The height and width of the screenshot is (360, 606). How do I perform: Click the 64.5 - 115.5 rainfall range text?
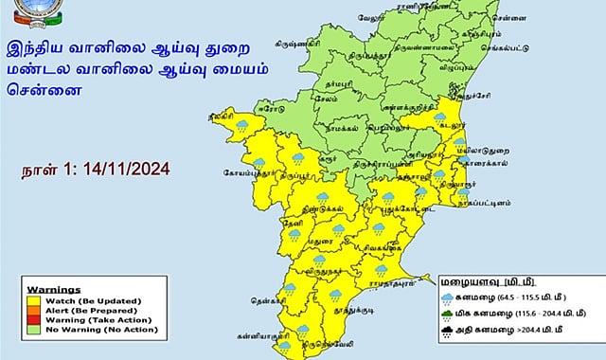(508, 297)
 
